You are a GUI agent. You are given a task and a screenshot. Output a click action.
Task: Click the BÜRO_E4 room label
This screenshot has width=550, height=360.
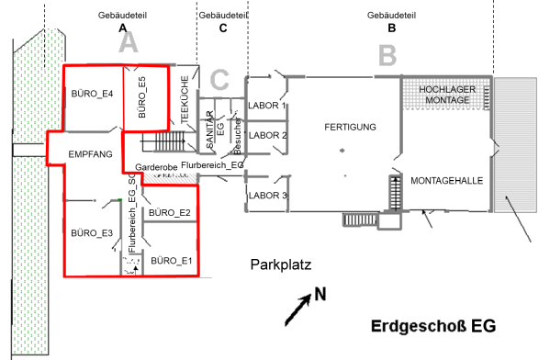point(92,95)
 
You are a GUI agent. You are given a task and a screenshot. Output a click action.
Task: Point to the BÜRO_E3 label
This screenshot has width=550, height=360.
point(92,232)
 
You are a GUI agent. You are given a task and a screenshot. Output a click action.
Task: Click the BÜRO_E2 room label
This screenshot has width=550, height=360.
point(169,213)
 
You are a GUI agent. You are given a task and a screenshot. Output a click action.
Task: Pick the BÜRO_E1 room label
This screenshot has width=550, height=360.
point(173,260)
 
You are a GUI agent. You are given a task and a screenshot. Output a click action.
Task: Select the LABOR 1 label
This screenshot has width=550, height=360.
point(269,107)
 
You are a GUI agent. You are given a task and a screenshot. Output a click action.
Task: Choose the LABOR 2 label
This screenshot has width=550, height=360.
point(269,136)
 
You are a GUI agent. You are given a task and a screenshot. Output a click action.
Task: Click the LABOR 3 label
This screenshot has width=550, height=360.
point(269,196)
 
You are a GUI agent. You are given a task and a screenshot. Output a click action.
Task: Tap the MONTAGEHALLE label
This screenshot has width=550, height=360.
point(446,181)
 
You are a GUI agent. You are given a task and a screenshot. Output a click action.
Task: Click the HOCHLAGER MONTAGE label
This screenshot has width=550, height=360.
point(446,94)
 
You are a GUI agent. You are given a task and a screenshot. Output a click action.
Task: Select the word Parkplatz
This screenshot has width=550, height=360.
point(282,265)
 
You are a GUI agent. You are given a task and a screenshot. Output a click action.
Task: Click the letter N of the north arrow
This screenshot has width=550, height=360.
point(321,294)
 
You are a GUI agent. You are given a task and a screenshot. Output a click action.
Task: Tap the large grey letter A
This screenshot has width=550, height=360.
point(128,42)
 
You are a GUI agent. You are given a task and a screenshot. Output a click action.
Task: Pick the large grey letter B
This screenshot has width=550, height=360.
point(387,55)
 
